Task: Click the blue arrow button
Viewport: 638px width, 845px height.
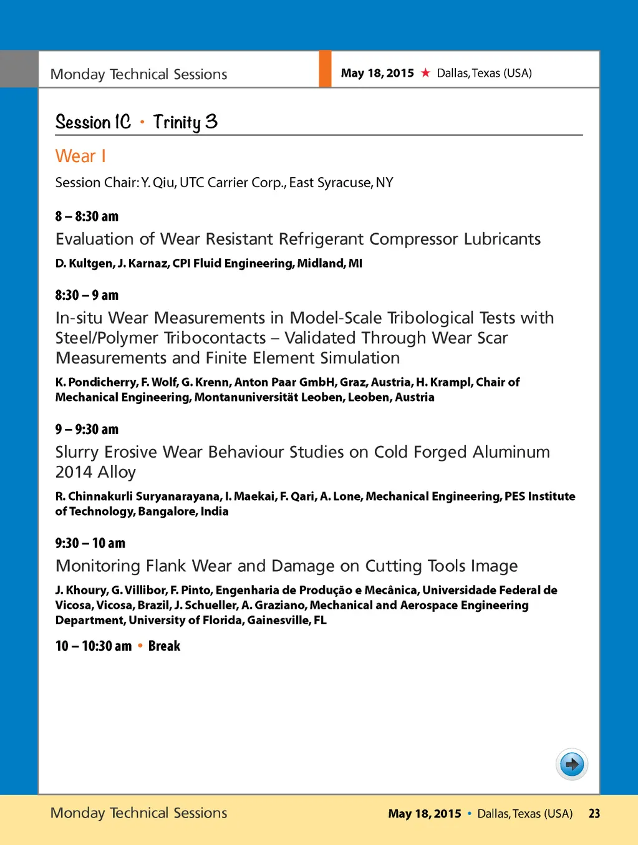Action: click(572, 764)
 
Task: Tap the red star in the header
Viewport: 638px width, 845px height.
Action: click(425, 73)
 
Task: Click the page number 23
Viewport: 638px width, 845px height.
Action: click(594, 813)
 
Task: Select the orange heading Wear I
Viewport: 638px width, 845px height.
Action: click(80, 156)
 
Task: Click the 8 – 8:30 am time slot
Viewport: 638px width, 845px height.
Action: click(87, 216)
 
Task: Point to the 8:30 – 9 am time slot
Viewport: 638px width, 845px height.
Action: click(87, 295)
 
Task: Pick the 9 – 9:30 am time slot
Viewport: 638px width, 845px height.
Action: click(87, 429)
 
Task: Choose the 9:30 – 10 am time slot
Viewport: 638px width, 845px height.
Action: click(90, 543)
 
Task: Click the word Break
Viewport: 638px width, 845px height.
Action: click(164, 646)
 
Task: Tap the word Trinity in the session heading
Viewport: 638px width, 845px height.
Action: click(177, 122)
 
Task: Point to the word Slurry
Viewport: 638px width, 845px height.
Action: click(77, 452)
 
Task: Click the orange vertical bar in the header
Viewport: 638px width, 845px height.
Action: click(325, 69)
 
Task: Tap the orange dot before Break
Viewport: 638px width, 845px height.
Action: click(140, 646)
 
